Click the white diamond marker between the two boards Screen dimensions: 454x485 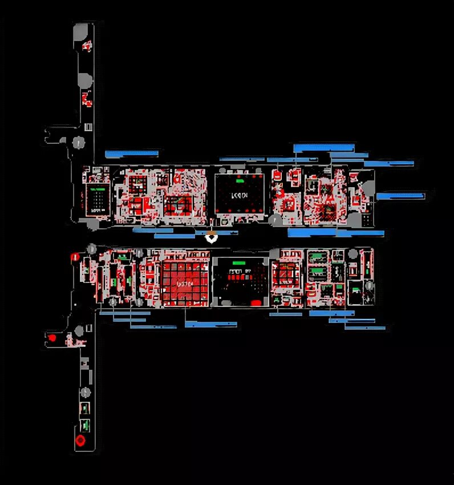pos(212,237)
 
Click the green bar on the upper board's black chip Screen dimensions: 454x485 pos(240,181)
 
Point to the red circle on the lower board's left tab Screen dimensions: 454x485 pos(52,338)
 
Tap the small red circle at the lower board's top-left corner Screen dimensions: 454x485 pos(74,257)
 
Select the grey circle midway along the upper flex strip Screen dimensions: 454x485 pos(84,80)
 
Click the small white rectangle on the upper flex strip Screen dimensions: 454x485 pos(88,126)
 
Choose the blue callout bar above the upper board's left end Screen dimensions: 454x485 pos(131,153)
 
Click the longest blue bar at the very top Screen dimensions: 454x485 pos(323,148)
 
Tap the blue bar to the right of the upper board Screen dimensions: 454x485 pos(400,196)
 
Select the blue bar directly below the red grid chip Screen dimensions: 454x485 pos(210,324)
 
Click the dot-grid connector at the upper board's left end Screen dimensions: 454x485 pos(97,199)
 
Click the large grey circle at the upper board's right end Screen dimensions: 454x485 pos(367,221)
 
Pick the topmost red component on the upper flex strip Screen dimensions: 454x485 pos(87,46)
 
